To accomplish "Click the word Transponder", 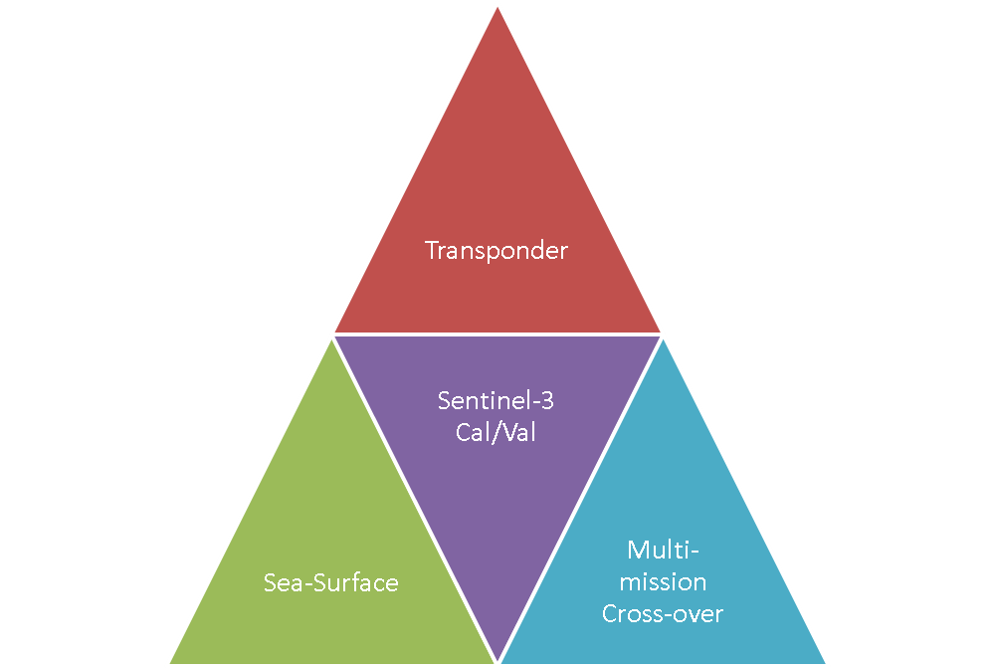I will (497, 250).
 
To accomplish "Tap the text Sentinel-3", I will (496, 402).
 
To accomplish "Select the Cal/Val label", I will (496, 434).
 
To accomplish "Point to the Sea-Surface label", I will (331, 582).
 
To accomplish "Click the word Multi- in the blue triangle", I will (663, 550).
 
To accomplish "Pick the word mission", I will (663, 581).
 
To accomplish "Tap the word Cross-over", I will (663, 613).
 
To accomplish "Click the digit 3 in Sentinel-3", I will (546, 402).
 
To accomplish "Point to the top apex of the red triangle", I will (497, 5).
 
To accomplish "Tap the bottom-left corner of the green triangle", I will (167, 663).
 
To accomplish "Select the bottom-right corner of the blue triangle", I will (827, 663).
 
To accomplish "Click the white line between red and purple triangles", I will (497, 334).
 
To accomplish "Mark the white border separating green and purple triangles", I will (414, 498).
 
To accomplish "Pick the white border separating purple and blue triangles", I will (580, 498).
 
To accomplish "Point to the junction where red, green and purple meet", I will (332, 334).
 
